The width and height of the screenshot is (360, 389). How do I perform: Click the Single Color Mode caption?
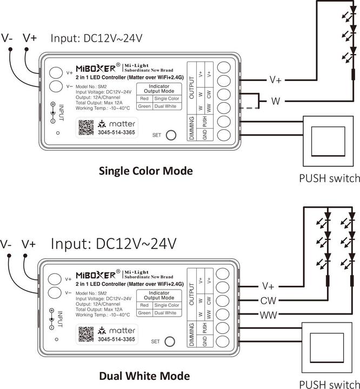click(145, 171)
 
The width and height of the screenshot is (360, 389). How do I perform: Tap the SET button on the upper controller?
click(171, 135)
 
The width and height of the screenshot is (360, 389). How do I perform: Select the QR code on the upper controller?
click(85, 128)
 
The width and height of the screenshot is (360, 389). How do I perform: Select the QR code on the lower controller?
click(85, 333)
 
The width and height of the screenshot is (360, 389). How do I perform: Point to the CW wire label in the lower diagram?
click(268, 300)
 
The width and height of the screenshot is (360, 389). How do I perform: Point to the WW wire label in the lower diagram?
click(269, 314)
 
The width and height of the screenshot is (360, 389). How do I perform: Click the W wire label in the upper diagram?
click(275, 100)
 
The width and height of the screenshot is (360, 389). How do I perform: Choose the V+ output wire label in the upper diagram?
click(275, 80)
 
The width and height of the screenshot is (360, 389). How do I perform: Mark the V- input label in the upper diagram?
click(7, 38)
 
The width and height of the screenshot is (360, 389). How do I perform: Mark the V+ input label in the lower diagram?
click(29, 244)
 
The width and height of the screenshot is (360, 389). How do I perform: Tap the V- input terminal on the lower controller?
click(55, 293)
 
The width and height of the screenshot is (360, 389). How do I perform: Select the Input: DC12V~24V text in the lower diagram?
click(114, 244)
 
